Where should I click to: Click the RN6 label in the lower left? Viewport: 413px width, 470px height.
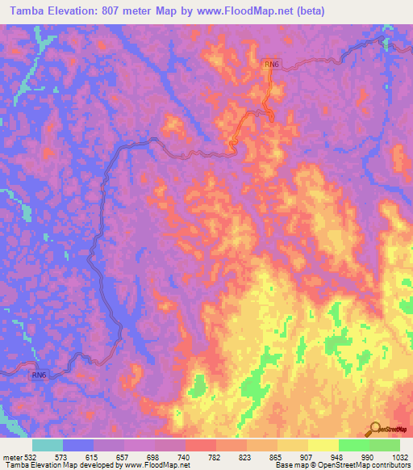pyautogui.click(x=40, y=375)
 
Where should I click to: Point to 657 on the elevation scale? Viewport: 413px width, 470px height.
pyautogui.click(x=123, y=457)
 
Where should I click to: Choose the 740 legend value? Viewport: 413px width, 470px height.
pyautogui.click(x=185, y=457)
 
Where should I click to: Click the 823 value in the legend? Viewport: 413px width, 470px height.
pyautogui.click(x=246, y=457)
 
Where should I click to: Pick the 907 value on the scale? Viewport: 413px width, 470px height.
pyautogui.click(x=307, y=457)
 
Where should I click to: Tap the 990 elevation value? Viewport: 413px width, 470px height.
pyautogui.click(x=369, y=457)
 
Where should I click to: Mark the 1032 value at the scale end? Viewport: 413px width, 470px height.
pyautogui.click(x=398, y=457)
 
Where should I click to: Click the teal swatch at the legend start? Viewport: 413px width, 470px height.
pyautogui.click(x=47, y=445)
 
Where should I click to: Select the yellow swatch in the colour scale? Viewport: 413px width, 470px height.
pyautogui.click(x=323, y=445)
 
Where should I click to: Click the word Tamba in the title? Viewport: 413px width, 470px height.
pyautogui.click(x=23, y=10)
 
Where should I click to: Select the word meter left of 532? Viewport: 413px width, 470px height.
pyautogui.click(x=11, y=457)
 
